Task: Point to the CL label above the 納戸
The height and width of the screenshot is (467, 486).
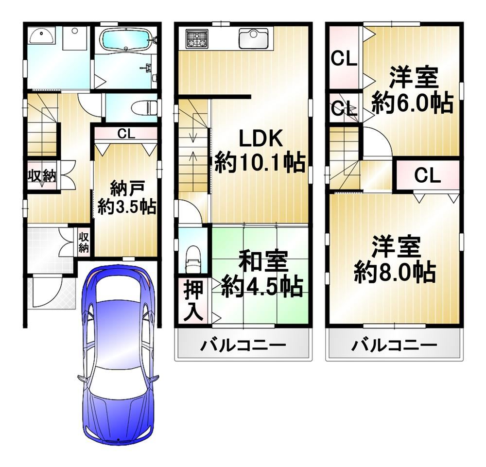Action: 125,135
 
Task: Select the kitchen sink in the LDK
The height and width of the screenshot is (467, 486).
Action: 253,38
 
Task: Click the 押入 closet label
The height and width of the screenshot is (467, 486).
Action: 194,301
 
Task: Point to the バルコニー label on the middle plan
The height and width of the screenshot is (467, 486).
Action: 243,346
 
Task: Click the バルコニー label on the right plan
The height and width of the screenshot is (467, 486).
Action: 394,346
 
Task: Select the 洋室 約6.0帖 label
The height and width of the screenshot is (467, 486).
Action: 412,92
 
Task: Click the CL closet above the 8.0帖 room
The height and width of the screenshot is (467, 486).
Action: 427,175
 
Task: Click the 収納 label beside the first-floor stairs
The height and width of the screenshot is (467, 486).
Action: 42,176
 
